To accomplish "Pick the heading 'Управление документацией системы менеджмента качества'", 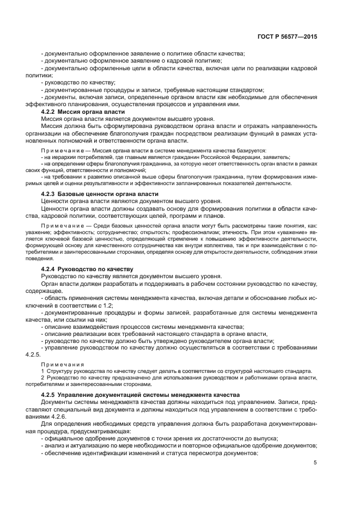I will (145, 395).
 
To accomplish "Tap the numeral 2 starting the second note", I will (43, 377).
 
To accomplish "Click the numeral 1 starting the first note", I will (43, 370).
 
